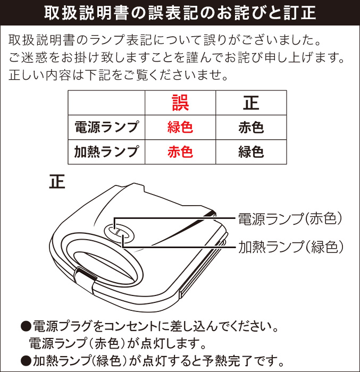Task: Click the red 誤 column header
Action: pyautogui.click(x=180, y=103)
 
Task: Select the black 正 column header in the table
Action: pyautogui.click(x=251, y=103)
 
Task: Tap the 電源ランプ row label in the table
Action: pyautogui.click(x=106, y=128)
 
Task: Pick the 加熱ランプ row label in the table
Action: pyautogui.click(x=106, y=152)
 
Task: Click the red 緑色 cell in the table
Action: pyautogui.click(x=180, y=128)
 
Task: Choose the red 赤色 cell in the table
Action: pyautogui.click(x=180, y=152)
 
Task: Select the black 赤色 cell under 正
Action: pyautogui.click(x=251, y=128)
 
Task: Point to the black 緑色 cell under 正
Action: pyautogui.click(x=251, y=152)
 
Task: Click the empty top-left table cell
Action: pyautogui.click(x=106, y=103)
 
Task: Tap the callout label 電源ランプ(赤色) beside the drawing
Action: pyautogui.click(x=289, y=218)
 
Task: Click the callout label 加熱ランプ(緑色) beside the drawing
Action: pyautogui.click(x=289, y=247)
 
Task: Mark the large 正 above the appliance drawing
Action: pyautogui.click(x=57, y=182)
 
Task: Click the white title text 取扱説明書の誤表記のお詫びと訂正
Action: pyautogui.click(x=180, y=12)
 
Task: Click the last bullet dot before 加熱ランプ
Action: pyautogui.click(x=25, y=360)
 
